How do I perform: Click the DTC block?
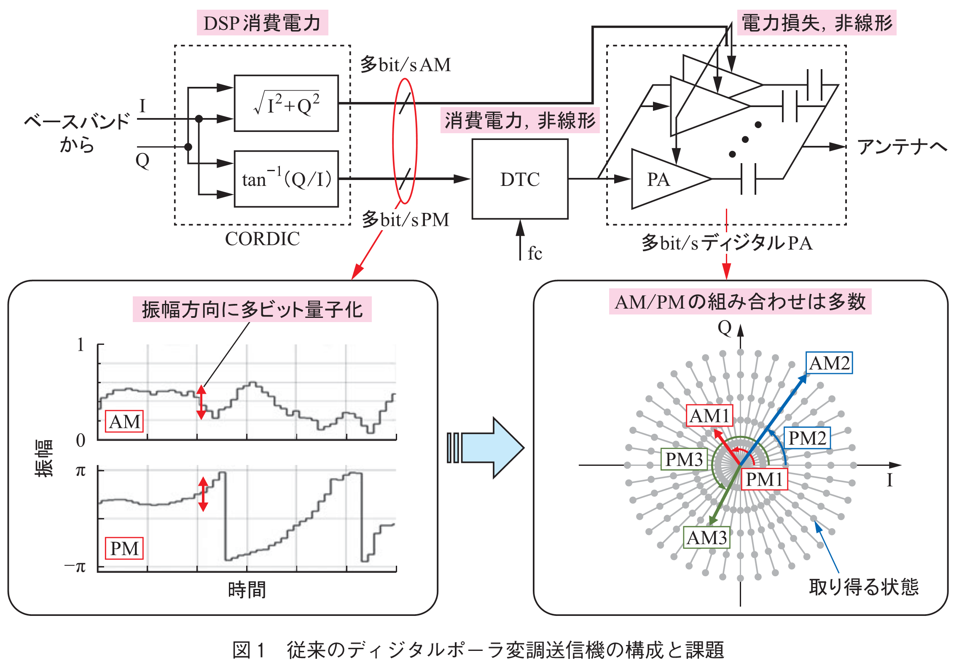pos(520,179)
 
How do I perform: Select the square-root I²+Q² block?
pos(286,104)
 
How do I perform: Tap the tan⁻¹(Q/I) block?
pos(286,179)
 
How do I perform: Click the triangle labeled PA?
pos(662,180)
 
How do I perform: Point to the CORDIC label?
pos(262,239)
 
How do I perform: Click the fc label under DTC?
pos(535,253)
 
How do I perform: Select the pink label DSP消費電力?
pos(262,23)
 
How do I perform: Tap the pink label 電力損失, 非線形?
pos(817,23)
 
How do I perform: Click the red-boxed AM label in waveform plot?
pos(124,422)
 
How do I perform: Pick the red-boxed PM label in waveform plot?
pos(124,548)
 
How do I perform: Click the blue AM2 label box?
pos(829,363)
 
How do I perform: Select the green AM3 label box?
pos(707,537)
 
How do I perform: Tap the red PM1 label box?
pos(764,479)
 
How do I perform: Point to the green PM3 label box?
pos(684,459)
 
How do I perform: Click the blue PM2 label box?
pos(807,438)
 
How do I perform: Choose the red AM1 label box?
pos(709,416)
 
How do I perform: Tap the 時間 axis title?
pos(247,590)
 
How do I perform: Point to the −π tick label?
pos(75,567)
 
